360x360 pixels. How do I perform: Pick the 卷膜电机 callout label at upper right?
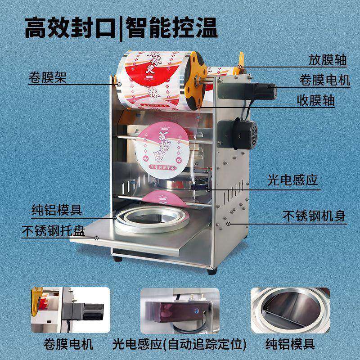324,80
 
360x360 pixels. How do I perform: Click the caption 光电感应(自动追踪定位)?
180,345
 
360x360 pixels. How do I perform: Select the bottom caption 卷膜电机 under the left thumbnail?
70,345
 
